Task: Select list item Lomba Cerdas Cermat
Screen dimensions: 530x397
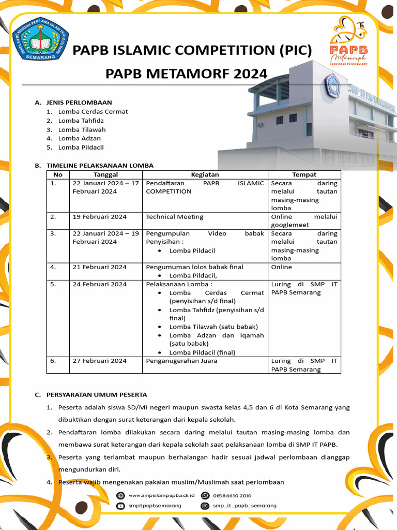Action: (x=93, y=111)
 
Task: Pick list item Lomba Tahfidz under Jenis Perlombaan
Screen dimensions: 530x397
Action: (x=81, y=121)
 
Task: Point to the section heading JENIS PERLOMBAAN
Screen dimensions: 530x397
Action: (x=79, y=102)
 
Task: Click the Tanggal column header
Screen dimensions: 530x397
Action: (x=105, y=174)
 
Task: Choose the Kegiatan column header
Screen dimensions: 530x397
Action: (x=205, y=174)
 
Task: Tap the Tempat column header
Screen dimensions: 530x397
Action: (x=304, y=174)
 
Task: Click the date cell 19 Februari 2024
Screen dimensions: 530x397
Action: (x=99, y=216)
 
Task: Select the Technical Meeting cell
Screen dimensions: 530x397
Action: (x=175, y=216)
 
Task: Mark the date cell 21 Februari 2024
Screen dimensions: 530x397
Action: (x=99, y=267)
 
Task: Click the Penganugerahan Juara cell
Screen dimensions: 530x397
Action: (x=181, y=361)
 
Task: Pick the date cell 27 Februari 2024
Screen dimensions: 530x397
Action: (x=99, y=361)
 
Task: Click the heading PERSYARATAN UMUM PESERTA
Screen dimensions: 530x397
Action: (x=97, y=394)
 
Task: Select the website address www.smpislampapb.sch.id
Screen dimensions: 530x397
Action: (x=158, y=495)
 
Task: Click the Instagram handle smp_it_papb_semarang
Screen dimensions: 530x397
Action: (x=245, y=506)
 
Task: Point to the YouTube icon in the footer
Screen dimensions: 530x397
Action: (x=120, y=506)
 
